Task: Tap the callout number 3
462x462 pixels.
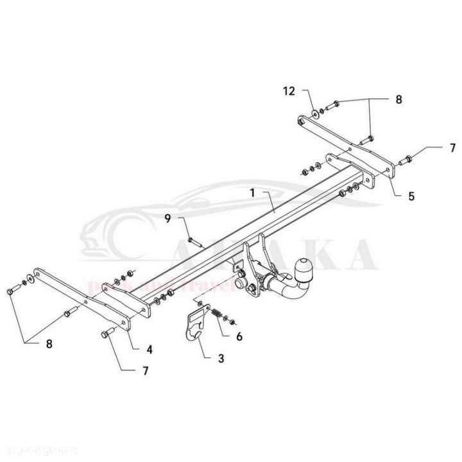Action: (x=221, y=358)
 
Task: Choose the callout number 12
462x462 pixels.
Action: (x=291, y=92)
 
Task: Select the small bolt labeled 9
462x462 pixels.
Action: (x=194, y=241)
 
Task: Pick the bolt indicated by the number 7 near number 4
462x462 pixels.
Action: (x=106, y=332)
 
